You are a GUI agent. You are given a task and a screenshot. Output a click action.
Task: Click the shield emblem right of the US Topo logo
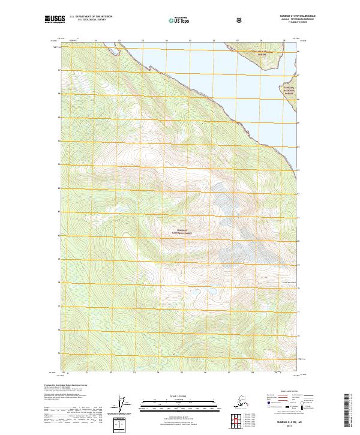tap(205, 20)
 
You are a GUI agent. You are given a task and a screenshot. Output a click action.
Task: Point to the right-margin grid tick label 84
tap(299, 146)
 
